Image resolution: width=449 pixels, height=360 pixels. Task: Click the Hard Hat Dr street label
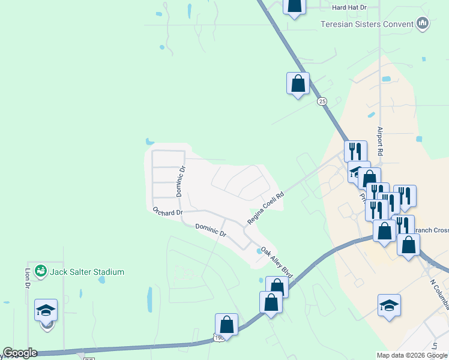349,7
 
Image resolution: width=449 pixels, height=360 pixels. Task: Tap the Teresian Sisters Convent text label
367,24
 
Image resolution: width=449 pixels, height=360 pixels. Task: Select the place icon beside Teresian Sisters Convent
423,23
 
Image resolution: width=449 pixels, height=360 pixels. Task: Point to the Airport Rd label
379,141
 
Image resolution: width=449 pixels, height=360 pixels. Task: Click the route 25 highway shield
322,101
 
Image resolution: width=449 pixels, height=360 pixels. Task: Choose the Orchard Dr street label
167,212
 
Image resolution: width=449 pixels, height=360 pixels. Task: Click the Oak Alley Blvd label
277,262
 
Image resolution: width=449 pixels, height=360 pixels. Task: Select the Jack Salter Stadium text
87,272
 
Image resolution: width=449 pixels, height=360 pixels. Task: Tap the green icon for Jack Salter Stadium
41,271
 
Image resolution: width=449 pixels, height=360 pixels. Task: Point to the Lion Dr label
27,278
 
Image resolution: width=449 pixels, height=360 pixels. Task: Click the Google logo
19,353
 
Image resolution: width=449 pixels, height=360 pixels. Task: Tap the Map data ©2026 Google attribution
412,355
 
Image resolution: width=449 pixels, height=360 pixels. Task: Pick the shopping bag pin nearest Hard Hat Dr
294,6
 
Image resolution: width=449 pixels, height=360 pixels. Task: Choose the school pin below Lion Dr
46,310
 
